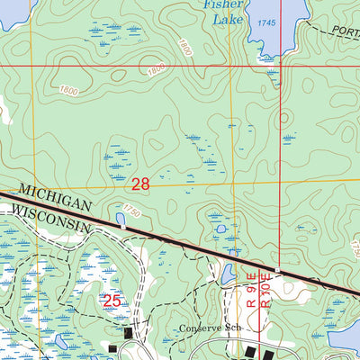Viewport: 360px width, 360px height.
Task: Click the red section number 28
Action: pyautogui.click(x=140, y=184)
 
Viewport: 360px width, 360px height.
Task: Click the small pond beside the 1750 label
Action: pyautogui.click(x=121, y=219)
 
